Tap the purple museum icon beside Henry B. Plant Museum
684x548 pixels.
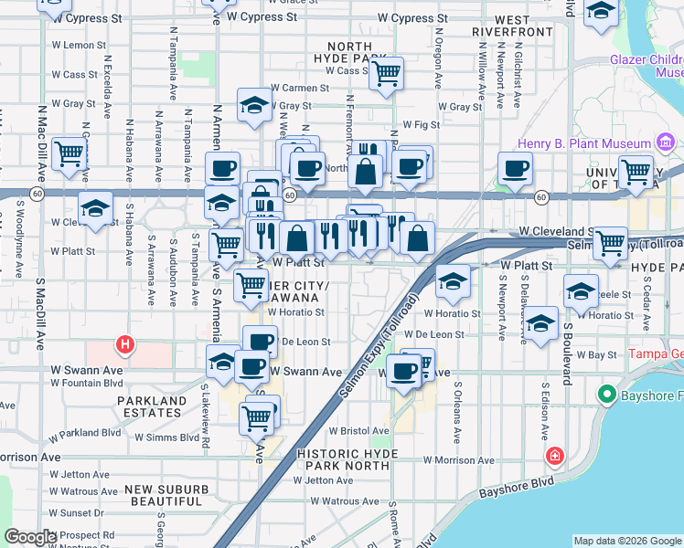point(666,142)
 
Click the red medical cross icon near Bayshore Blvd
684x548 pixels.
point(554,456)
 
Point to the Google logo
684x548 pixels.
point(29,537)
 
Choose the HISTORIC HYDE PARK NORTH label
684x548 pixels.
point(348,459)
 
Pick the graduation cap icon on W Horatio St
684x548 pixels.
point(452,281)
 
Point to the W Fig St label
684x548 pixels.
point(422,124)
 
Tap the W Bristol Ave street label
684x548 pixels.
point(359,430)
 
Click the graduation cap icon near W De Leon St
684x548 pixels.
point(541,323)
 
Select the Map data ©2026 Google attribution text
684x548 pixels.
point(627,540)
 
